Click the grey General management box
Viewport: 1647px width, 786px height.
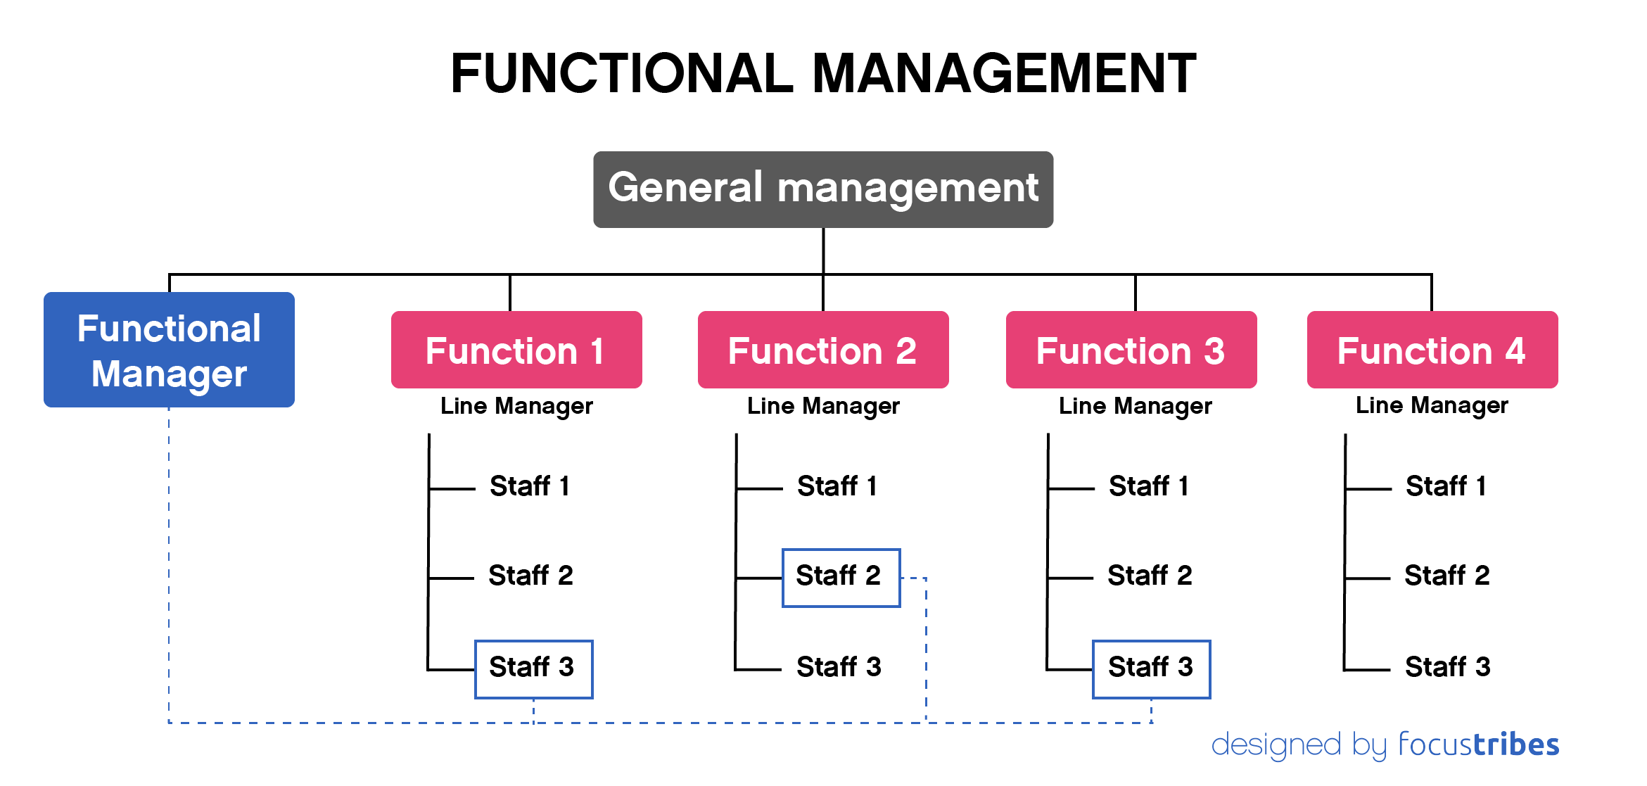click(x=822, y=189)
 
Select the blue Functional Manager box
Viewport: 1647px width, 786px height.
click(x=169, y=350)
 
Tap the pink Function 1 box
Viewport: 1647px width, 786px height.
click(x=516, y=350)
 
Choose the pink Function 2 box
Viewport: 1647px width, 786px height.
click(x=822, y=350)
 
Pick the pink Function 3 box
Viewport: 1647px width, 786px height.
click(x=1131, y=350)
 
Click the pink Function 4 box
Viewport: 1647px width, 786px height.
click(x=1432, y=350)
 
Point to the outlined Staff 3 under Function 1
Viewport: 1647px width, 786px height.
click(x=533, y=668)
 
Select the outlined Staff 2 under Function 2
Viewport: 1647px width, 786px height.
click(x=841, y=577)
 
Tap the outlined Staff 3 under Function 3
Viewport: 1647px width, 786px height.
click(x=1151, y=668)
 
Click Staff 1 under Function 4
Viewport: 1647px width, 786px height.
click(x=1446, y=486)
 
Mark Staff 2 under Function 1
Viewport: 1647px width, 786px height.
click(x=530, y=576)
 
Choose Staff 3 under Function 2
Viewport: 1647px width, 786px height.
click(x=839, y=667)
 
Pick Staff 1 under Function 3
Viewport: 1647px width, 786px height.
click(x=1149, y=486)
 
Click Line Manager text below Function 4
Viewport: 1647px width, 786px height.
click(x=1432, y=405)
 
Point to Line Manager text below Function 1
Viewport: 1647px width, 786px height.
click(x=516, y=406)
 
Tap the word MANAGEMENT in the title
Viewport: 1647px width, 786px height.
click(x=1004, y=73)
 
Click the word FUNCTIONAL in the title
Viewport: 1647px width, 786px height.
click(x=622, y=73)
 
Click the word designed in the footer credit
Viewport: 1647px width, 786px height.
click(x=1276, y=744)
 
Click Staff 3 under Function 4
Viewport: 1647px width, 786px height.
click(x=1447, y=667)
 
